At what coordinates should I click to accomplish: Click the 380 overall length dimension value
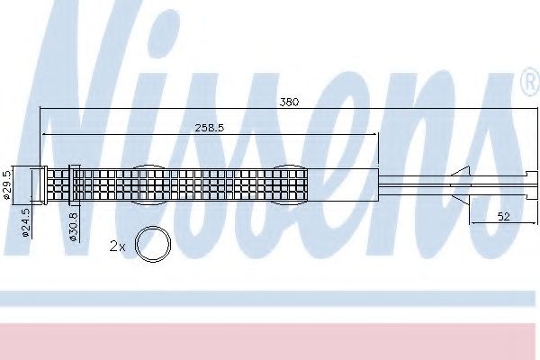[x=289, y=102]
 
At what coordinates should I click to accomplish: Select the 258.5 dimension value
[x=210, y=128]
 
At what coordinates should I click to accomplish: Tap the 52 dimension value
[x=503, y=217]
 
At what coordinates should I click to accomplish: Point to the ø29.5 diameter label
[x=7, y=184]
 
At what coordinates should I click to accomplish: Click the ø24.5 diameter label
[x=26, y=222]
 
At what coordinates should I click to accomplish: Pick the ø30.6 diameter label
[x=74, y=227]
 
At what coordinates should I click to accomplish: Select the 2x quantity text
[x=117, y=247]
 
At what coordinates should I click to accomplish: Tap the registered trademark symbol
[x=530, y=83]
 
